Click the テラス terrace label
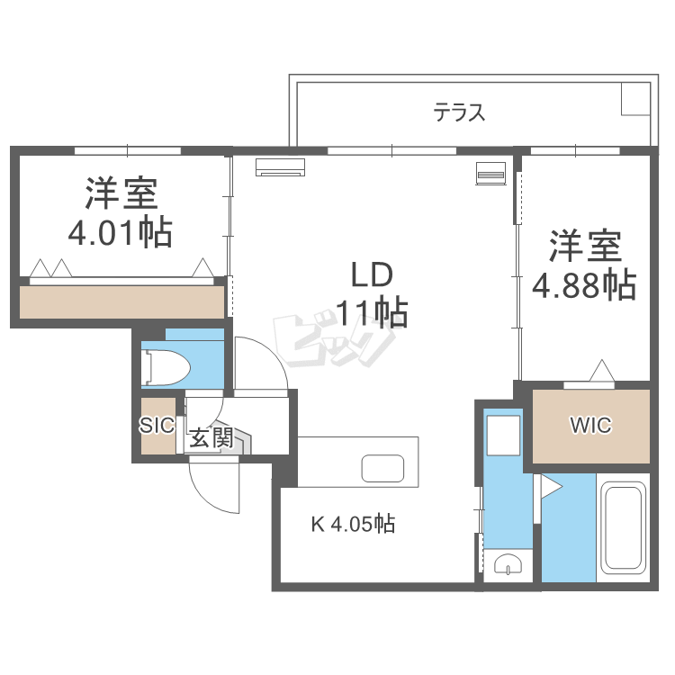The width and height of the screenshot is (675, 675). click(460, 113)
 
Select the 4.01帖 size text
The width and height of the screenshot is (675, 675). click(121, 234)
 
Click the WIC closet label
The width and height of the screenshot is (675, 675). click(590, 426)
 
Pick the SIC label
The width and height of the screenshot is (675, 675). click(156, 427)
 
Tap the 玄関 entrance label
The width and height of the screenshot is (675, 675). click(211, 438)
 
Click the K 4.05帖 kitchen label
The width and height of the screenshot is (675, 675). click(353, 524)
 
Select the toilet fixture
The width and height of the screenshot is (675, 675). click(172, 366)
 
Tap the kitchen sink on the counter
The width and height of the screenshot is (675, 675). click(383, 469)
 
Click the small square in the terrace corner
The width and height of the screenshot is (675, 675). click(634, 100)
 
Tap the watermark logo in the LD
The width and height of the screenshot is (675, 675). click(334, 338)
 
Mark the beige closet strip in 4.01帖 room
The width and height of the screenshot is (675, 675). click(121, 301)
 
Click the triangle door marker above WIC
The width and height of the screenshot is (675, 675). click(601, 371)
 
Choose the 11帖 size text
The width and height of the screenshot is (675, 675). click(373, 313)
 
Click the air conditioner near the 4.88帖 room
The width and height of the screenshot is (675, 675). click(490, 172)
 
